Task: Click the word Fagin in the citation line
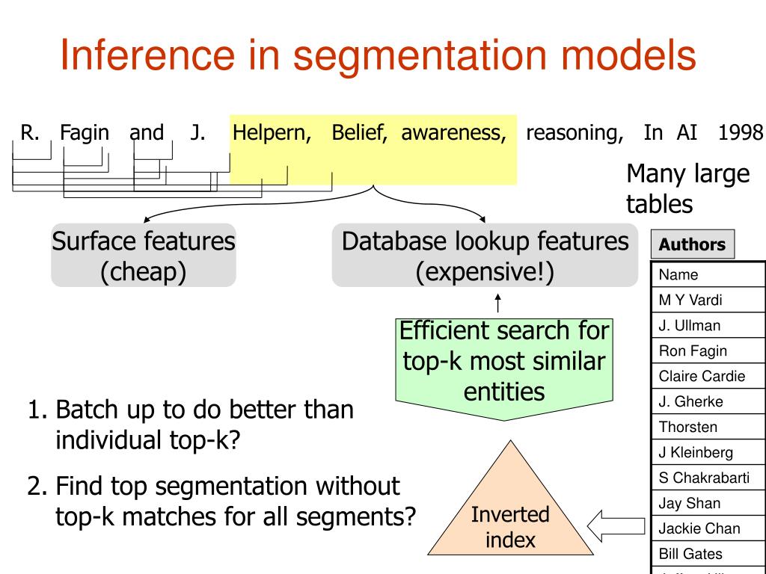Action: (85, 133)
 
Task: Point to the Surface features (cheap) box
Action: (144, 255)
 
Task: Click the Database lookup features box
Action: (485, 255)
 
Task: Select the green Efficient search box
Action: (504, 362)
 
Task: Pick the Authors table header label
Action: (692, 244)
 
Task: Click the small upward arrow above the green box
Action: (498, 303)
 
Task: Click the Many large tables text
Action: (687, 188)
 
